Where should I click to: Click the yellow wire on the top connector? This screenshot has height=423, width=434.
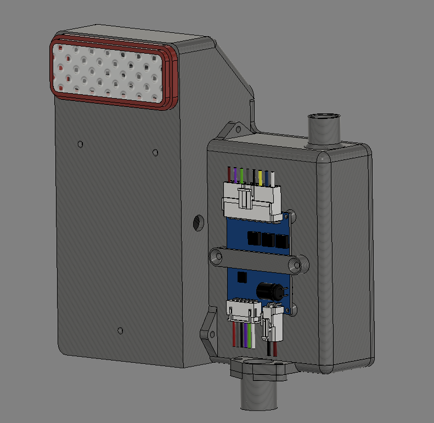tap(260, 176)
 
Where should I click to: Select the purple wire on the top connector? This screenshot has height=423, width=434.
tap(235, 175)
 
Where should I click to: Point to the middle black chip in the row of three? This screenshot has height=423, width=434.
tap(268, 240)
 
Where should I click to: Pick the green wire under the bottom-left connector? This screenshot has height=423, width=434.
tap(250, 335)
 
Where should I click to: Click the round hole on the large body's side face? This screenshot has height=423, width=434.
tap(199, 222)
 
